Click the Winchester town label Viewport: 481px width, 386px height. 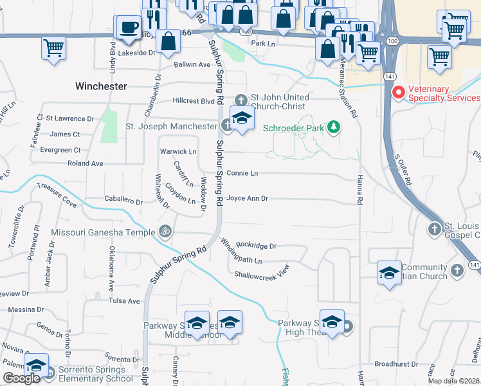101,86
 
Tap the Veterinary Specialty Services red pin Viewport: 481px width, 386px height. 398,93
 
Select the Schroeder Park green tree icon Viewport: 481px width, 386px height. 333,126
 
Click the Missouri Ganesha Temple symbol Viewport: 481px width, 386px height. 166,230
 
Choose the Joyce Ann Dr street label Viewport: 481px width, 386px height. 247,198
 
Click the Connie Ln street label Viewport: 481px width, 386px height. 242,173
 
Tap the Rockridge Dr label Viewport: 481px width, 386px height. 256,246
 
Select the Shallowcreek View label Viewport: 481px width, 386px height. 262,274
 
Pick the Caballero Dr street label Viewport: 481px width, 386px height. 123,201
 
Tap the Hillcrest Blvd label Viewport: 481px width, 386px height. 193,101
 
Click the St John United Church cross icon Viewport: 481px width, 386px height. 240,100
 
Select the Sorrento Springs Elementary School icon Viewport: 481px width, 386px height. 37,365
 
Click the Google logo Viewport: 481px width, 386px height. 21,378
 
